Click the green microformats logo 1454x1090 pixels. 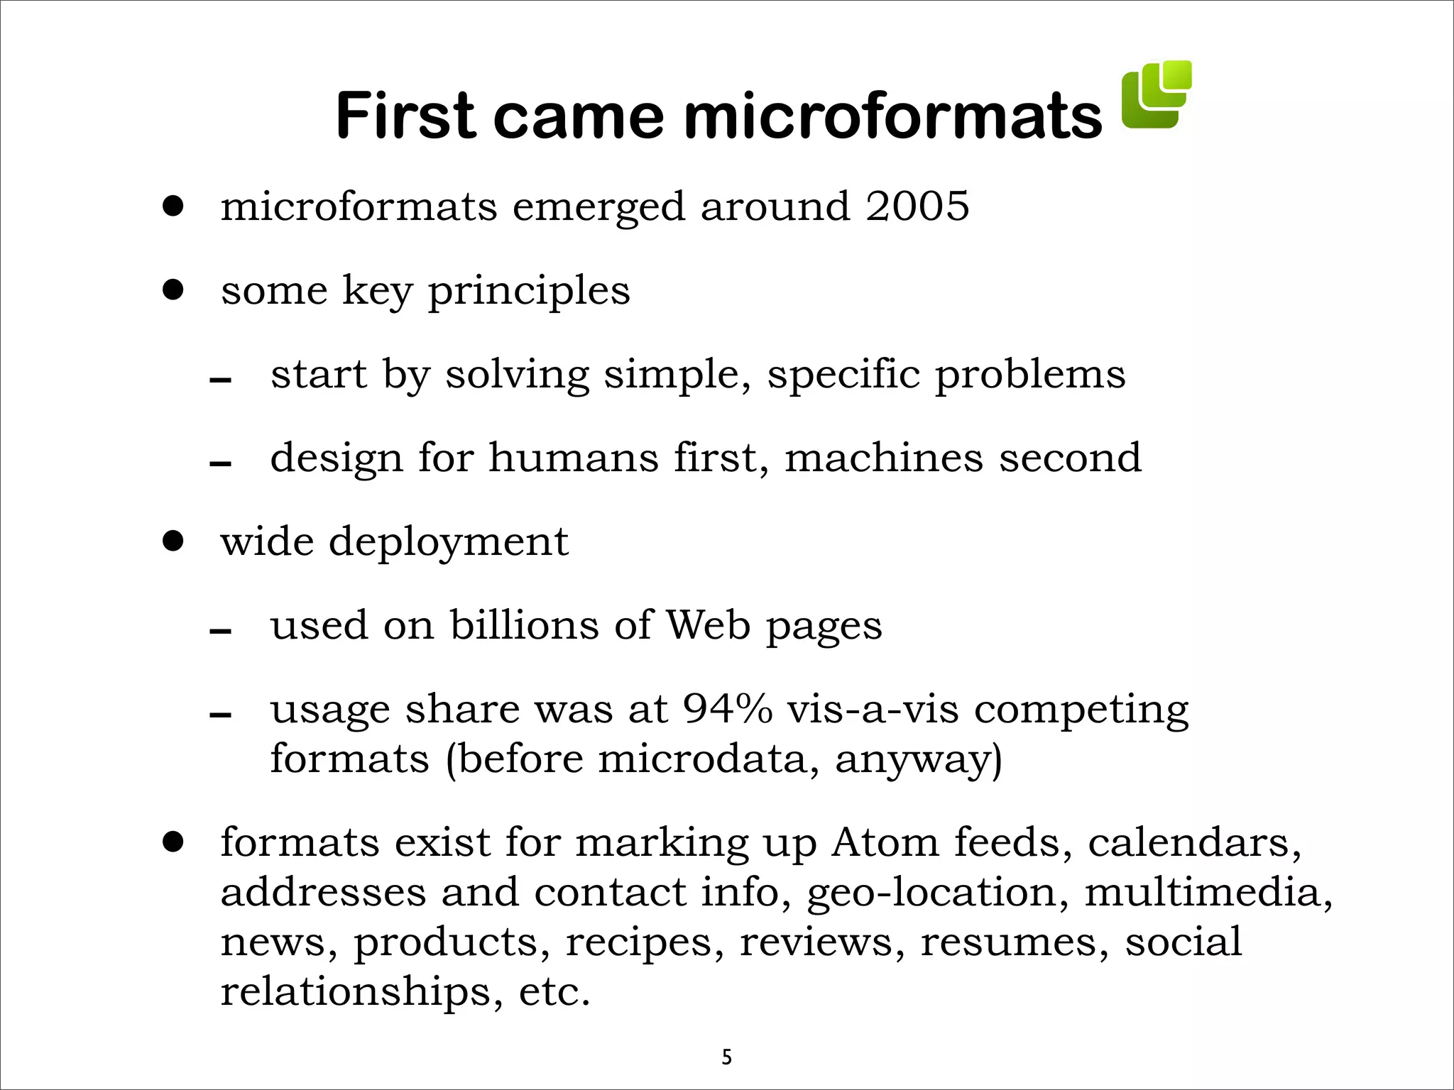click(x=1156, y=95)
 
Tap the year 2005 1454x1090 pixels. click(x=917, y=207)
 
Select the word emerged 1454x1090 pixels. click(x=598, y=208)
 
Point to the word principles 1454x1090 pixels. click(x=529, y=291)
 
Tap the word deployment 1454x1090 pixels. click(x=448, y=543)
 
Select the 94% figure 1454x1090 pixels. click(x=727, y=708)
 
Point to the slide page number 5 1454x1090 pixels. click(x=726, y=1057)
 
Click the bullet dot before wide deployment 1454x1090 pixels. click(x=173, y=541)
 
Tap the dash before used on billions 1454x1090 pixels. click(x=220, y=631)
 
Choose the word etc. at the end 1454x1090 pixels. click(x=554, y=991)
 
